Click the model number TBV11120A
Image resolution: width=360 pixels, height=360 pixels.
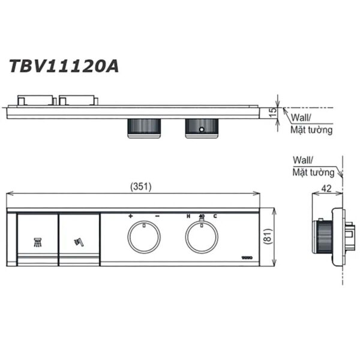63,65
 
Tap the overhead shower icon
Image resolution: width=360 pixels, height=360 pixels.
37,242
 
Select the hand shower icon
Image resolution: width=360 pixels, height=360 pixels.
78,242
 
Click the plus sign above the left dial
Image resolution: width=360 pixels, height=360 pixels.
130,216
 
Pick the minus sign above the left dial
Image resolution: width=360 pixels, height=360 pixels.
157,216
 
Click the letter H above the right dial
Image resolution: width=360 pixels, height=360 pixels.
188,216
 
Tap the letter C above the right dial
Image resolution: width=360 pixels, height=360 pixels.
215,216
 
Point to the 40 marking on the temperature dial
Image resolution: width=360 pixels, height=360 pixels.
202,216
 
